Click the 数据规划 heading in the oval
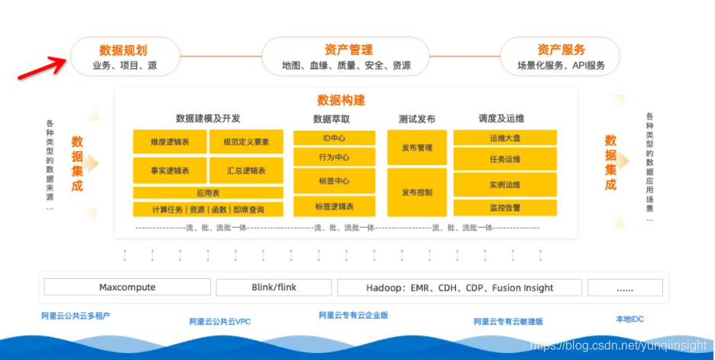tap(125, 50)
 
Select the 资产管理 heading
tap(347, 50)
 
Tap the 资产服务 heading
tap(561, 50)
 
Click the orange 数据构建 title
tap(341, 100)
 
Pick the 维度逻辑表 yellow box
tap(170, 141)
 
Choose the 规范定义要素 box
tap(245, 141)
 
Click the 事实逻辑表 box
tap(170, 170)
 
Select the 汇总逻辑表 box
tap(245, 170)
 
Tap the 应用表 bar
tap(208, 193)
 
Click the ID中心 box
tap(334, 138)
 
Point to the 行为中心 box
tap(334, 157)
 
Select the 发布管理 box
tap(416, 148)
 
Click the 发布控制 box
tap(416, 192)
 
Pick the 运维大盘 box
tap(505, 138)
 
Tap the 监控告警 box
tap(505, 207)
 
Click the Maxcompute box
tap(127, 287)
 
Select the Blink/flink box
tap(273, 287)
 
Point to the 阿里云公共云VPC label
tap(220, 322)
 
